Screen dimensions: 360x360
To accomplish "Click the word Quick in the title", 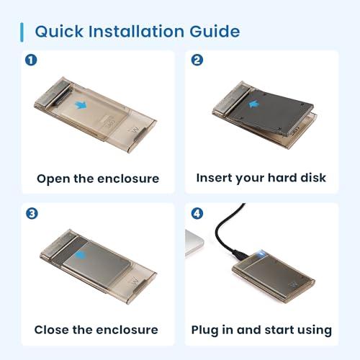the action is click(x=59, y=32).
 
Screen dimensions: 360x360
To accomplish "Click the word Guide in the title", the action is click(x=215, y=31).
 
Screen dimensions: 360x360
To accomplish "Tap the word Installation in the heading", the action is click(x=136, y=31).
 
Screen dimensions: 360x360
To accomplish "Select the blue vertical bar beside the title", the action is click(x=22, y=32).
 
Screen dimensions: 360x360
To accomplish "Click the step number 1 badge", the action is click(x=31, y=60).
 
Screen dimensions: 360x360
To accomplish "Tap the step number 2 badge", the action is click(x=197, y=60).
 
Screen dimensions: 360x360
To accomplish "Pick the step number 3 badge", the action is click(x=32, y=213).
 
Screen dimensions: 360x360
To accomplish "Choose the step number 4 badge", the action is click(x=197, y=213).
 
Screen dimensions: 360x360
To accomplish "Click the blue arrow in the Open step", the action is click(x=81, y=105).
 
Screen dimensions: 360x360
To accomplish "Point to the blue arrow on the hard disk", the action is click(x=253, y=104).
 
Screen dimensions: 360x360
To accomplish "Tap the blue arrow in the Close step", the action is click(x=79, y=255).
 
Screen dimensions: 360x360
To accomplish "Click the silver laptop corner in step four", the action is click(x=194, y=243).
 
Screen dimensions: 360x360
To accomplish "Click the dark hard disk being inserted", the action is click(x=271, y=112).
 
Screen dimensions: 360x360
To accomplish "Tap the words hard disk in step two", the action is click(x=297, y=178).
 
